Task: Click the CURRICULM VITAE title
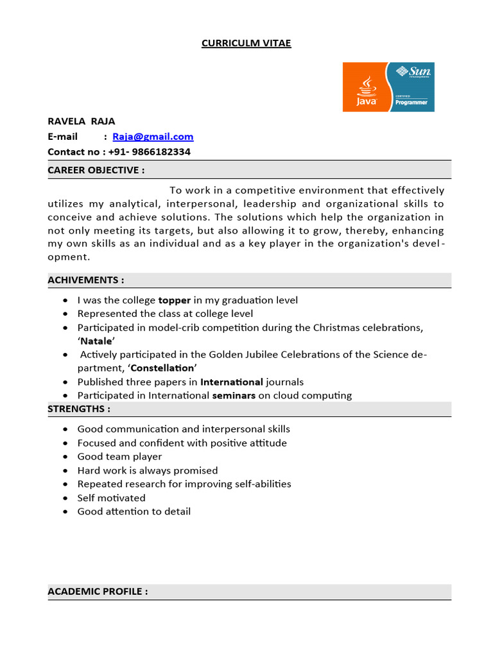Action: pos(246,43)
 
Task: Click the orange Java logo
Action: pos(364,87)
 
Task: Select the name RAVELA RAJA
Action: pos(82,121)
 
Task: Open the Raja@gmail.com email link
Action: pos(153,137)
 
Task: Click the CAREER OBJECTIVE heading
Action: pos(96,170)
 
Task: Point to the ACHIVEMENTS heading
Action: pos(85,280)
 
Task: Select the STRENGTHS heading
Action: pos(79,409)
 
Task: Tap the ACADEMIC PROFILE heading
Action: pos(98,592)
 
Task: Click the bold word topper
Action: pos(175,300)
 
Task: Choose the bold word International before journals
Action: pos(232,382)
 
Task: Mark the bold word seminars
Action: pos(234,395)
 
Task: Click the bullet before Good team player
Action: pos(67,457)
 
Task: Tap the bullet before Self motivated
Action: pos(67,498)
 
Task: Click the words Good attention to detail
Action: pos(134,511)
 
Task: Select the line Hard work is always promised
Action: pos(148,470)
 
